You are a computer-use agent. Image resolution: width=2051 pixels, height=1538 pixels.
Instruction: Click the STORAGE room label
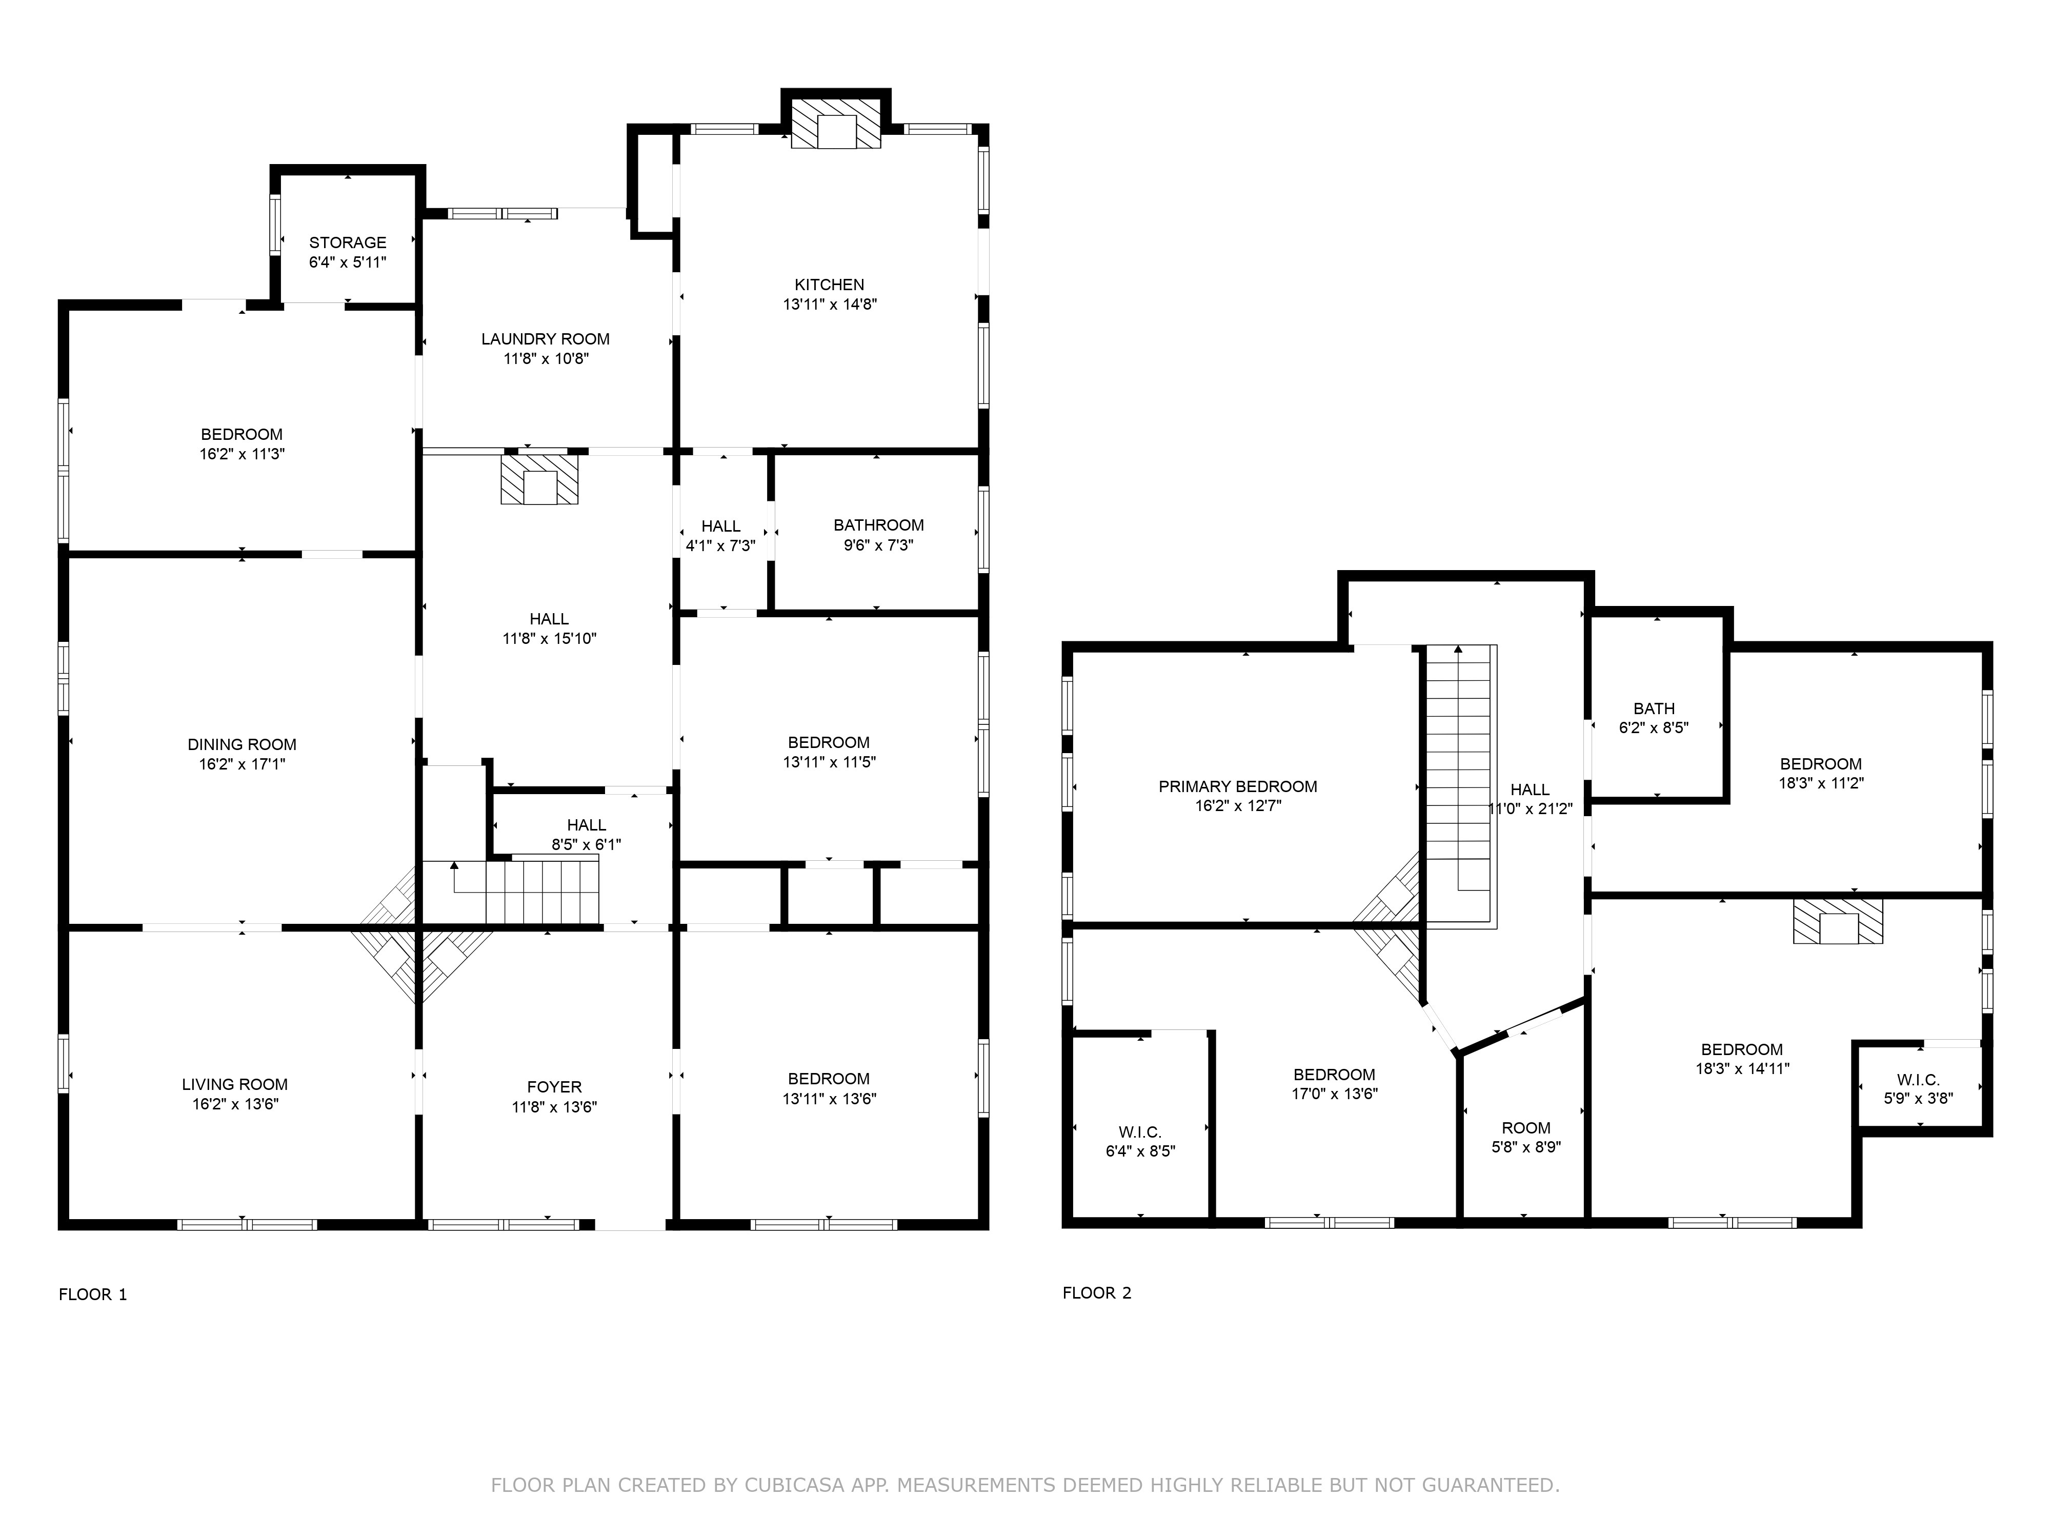click(x=348, y=243)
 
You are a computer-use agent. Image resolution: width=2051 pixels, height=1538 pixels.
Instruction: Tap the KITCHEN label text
click(x=829, y=285)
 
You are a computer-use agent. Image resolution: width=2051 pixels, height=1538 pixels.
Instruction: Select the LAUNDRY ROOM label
click(x=545, y=339)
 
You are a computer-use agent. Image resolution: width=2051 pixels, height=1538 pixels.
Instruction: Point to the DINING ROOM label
click(x=242, y=744)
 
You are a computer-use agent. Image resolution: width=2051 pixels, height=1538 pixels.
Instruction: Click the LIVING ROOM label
click(x=235, y=1085)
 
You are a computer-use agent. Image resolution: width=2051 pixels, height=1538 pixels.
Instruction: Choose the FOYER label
click(x=554, y=1086)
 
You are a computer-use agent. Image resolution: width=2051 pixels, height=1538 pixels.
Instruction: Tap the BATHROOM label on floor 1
click(x=878, y=525)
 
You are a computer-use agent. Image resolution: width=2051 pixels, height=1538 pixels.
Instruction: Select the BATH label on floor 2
click(x=1654, y=709)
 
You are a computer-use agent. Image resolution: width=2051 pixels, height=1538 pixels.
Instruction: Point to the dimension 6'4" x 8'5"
click(x=1140, y=1151)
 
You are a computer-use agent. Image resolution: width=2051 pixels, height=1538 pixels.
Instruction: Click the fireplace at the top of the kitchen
click(x=836, y=124)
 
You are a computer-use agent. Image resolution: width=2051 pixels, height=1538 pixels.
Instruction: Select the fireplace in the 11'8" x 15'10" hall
click(x=539, y=478)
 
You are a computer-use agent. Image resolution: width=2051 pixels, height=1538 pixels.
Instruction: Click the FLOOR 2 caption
click(x=1097, y=1293)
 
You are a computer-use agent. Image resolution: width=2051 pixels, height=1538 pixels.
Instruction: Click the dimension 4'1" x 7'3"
click(x=720, y=546)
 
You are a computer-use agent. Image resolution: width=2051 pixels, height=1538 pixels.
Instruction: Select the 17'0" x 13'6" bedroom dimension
click(x=1334, y=1094)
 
